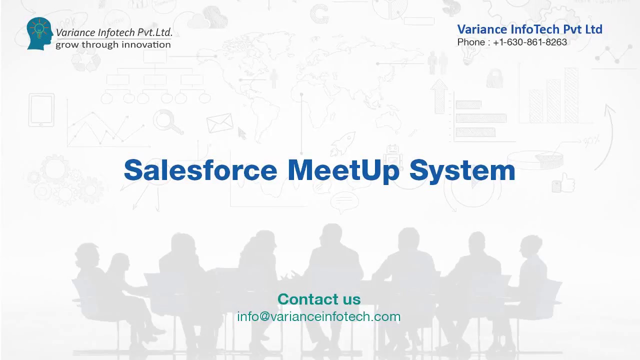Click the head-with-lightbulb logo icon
pyautogui.click(x=39, y=33)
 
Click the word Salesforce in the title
pyautogui.click(x=200, y=170)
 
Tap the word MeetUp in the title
pyautogui.click(x=343, y=170)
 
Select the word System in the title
pyautogui.click(x=462, y=171)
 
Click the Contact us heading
pyautogui.click(x=319, y=299)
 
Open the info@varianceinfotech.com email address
pyautogui.click(x=319, y=316)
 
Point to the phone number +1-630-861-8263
pyautogui.click(x=530, y=42)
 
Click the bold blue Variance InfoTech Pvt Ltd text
pyautogui.click(x=529, y=29)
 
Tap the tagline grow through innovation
pyautogui.click(x=113, y=44)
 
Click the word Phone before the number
pyautogui.click(x=470, y=42)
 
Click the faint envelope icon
pyautogui.click(x=219, y=122)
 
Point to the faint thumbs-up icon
pyautogui.click(x=565, y=183)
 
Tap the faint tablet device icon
pyautogui.click(x=41, y=110)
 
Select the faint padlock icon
pyautogui.click(x=494, y=78)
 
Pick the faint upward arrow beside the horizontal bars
pyautogui.click(x=439, y=95)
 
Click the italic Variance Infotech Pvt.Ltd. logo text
pyautogui.click(x=114, y=32)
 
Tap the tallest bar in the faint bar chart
pyautogui.click(x=571, y=95)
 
